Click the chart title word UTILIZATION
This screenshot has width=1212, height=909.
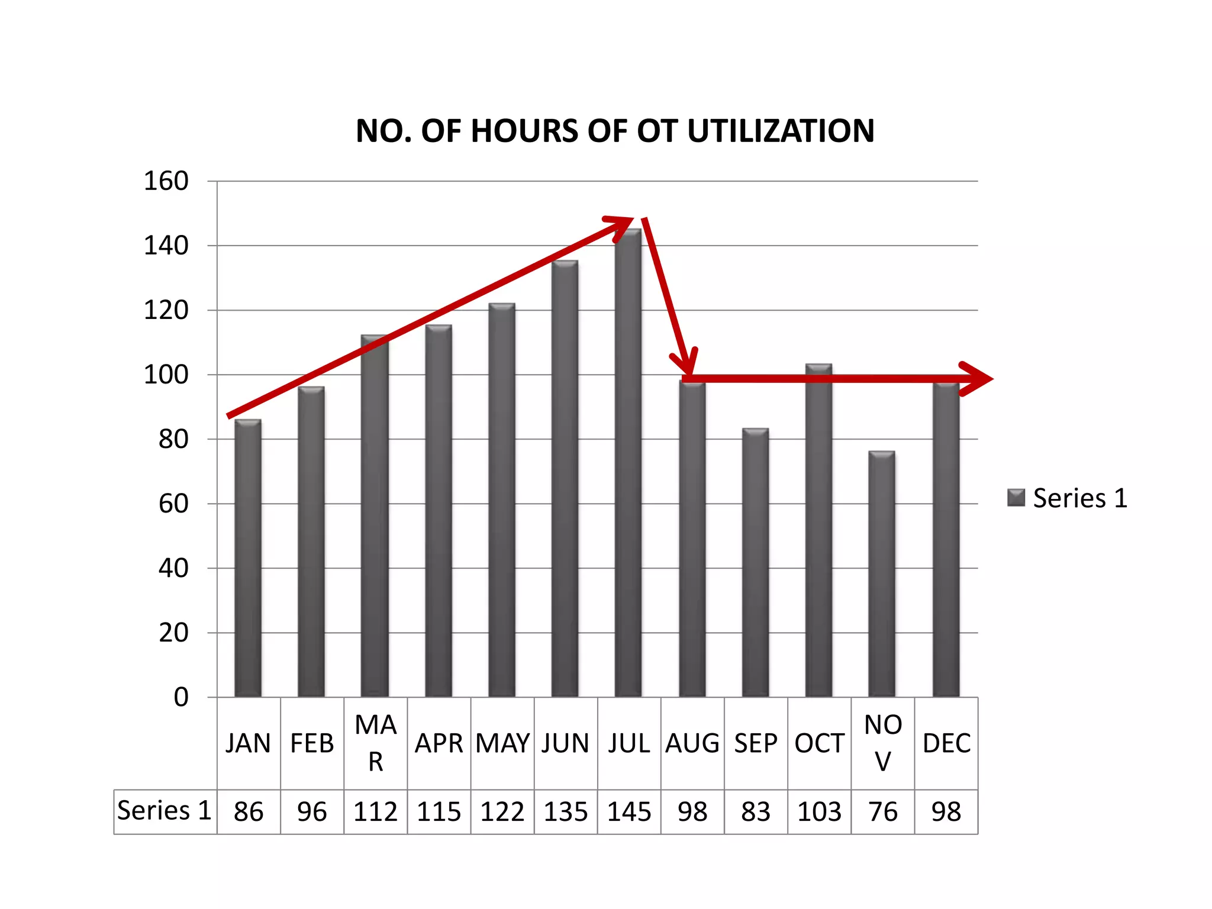[781, 131]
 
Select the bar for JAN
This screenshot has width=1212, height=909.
[248, 558]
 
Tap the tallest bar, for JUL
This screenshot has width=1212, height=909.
[628, 463]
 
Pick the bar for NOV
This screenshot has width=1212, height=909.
[882, 574]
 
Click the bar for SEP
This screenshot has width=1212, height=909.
[755, 562]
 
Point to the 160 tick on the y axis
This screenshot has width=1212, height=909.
[166, 181]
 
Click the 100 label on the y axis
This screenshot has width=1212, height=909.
[166, 375]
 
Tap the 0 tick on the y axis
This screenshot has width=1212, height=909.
[181, 697]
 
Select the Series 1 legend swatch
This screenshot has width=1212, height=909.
[1016, 498]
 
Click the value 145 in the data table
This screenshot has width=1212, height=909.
[629, 811]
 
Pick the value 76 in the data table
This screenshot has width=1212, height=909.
[883, 811]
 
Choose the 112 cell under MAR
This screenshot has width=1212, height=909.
[375, 811]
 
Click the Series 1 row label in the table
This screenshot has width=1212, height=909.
[165, 810]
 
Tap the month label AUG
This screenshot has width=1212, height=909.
[692, 743]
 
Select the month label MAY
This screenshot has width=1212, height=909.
[502, 743]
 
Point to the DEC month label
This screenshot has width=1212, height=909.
[946, 743]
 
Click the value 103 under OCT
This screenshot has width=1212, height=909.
[820, 811]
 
